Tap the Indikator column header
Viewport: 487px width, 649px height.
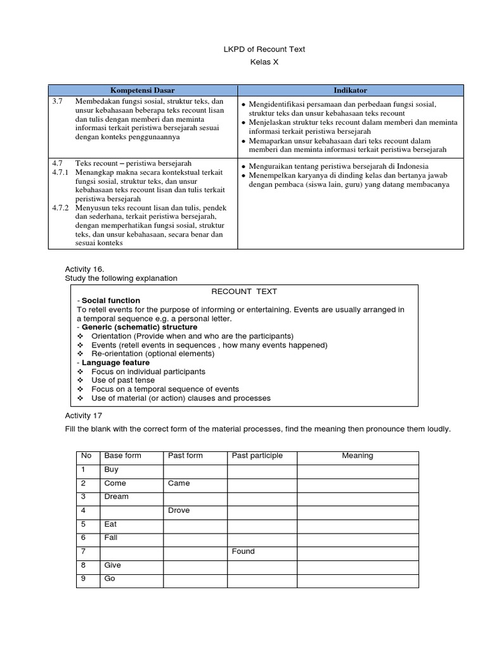pos(351,91)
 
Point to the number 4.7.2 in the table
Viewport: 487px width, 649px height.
pos(62,207)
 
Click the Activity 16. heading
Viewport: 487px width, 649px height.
pos(83,269)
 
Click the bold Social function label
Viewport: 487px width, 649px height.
pos(110,300)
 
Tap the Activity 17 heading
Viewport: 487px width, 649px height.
pos(83,415)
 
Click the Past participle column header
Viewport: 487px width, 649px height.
pos(257,456)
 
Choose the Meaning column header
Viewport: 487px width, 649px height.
pos(357,456)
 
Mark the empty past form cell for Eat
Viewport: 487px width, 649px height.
pos(195,524)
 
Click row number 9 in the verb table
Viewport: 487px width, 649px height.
pos(82,579)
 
